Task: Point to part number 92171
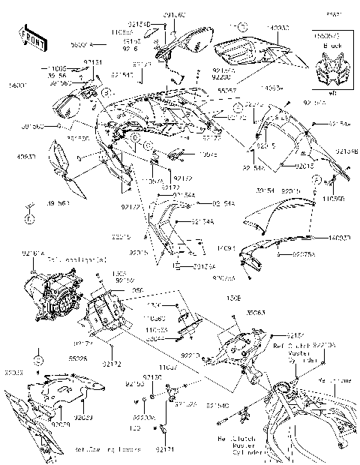tap(165, 449)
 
